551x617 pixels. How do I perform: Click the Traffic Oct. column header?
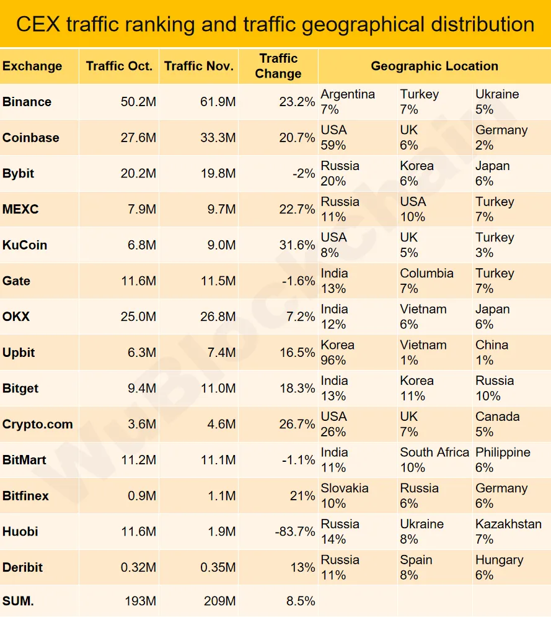[x=119, y=66]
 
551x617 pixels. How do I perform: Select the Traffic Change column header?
[x=278, y=66]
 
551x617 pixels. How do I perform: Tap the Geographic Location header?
[x=434, y=66]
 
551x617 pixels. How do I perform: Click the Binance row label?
[x=27, y=102]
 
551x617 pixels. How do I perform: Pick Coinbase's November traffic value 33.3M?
[x=221, y=138]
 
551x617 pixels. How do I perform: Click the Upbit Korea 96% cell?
[x=338, y=353]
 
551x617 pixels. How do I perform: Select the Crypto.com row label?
[x=38, y=425]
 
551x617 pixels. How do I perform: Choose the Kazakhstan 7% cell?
[x=508, y=531]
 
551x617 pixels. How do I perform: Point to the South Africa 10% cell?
[x=434, y=460]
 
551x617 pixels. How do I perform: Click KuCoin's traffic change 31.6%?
[x=297, y=245]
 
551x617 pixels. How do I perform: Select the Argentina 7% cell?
[x=348, y=102]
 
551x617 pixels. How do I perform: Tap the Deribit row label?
[x=23, y=567]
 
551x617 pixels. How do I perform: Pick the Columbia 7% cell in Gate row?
[x=426, y=281]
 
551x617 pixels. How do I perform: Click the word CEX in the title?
[x=38, y=24]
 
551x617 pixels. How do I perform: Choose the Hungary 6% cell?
[x=499, y=567]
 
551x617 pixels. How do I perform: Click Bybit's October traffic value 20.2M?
[x=138, y=174]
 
